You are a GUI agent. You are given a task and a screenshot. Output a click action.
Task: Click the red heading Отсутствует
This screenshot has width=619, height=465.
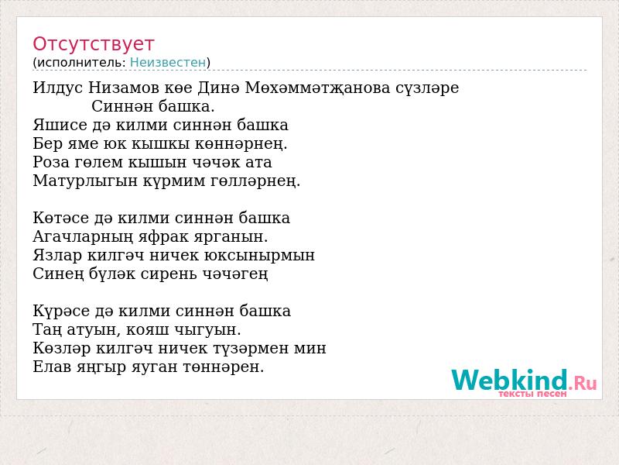click(x=93, y=44)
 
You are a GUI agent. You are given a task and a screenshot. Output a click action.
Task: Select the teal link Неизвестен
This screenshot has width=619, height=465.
click(x=168, y=63)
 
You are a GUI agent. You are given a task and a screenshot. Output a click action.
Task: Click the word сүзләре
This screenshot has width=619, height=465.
click(x=427, y=88)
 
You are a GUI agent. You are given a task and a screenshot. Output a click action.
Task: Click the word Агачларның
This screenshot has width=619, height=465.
click(x=83, y=237)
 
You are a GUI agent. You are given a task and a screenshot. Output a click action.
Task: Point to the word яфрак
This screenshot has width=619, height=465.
click(x=163, y=237)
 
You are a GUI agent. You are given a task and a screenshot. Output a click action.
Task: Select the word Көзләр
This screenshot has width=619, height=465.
click(x=62, y=348)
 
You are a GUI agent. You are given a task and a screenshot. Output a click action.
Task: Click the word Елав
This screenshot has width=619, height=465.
click(x=52, y=367)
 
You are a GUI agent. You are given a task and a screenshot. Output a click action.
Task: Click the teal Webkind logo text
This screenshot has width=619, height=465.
click(x=510, y=380)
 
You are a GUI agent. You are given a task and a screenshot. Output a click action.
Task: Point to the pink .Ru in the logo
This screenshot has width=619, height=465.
click(x=583, y=382)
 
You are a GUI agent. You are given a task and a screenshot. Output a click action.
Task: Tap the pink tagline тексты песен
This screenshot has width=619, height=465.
click(x=532, y=394)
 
